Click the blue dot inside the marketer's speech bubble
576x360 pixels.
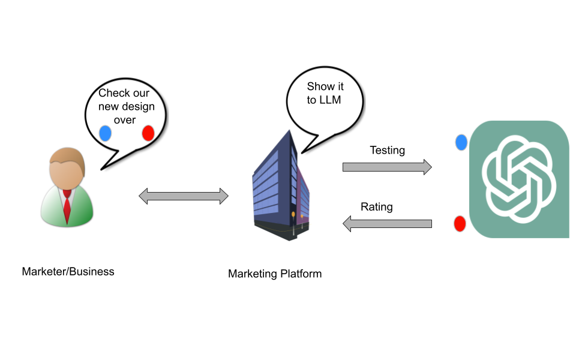(x=106, y=133)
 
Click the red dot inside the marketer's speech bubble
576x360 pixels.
(x=148, y=133)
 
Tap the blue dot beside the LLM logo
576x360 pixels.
(x=461, y=142)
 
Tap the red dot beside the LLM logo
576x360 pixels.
(x=460, y=224)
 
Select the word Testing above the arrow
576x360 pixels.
(x=387, y=150)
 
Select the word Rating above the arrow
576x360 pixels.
(x=376, y=207)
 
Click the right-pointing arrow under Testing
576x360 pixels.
(x=387, y=167)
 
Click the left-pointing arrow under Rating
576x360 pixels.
(x=387, y=224)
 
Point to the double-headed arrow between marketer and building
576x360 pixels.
(x=184, y=196)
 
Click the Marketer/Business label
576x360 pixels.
(x=68, y=272)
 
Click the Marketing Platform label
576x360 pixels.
(x=275, y=274)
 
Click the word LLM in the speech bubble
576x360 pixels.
(x=331, y=100)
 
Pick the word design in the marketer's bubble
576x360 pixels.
(x=139, y=107)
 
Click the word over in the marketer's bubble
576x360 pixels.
(x=125, y=119)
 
